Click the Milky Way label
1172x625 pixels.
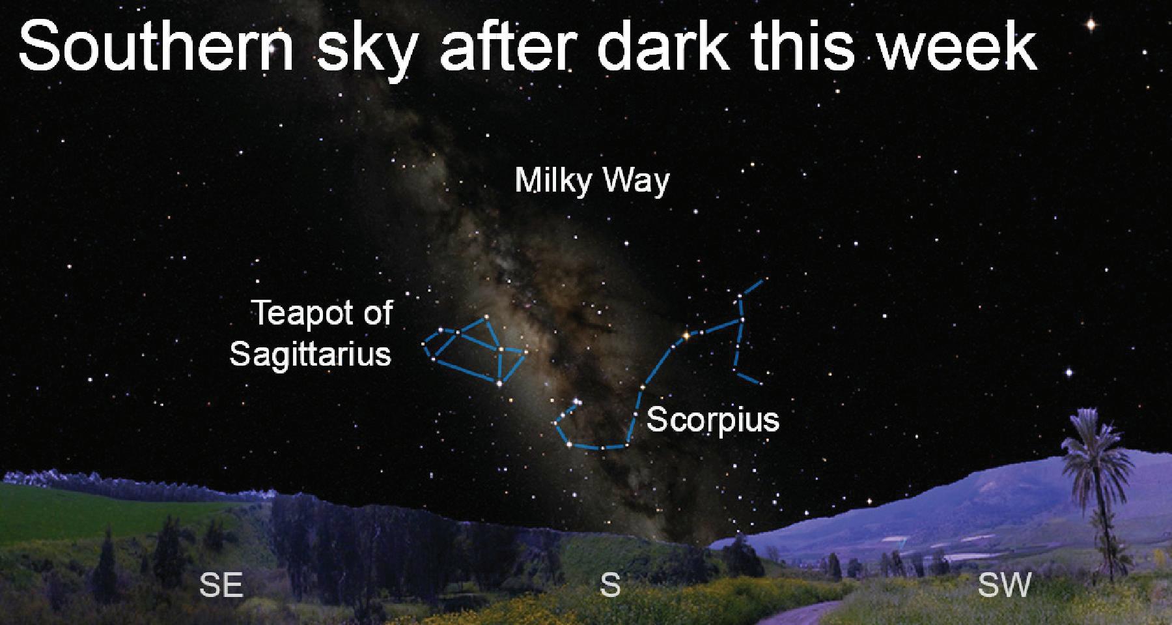click(592, 181)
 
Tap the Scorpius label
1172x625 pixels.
click(713, 419)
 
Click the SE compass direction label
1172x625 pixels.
click(221, 585)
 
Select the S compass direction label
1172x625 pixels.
click(609, 585)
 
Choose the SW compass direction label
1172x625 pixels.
click(1005, 585)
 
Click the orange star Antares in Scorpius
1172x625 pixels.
click(685, 336)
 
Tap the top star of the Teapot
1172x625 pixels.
click(486, 318)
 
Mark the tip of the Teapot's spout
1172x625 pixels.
click(525, 353)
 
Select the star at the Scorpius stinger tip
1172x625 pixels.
click(576, 402)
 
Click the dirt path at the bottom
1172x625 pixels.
click(807, 613)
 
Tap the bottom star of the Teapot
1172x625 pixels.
click(499, 384)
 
